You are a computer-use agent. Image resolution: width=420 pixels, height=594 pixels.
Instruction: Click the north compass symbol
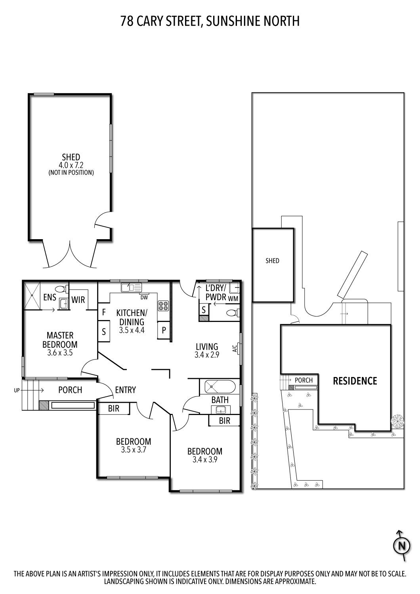coord(402,546)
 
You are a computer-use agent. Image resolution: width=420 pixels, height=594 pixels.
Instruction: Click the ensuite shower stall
coord(32,295)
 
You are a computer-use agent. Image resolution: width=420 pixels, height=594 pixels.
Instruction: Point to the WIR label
coord(78,300)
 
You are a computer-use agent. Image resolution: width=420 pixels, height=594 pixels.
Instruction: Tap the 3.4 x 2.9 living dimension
coord(207,355)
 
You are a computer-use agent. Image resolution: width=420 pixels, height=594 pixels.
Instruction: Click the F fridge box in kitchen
coord(104,312)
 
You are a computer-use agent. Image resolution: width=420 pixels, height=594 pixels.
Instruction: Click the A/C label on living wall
coord(234,348)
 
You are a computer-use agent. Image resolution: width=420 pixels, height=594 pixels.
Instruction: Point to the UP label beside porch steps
coord(16,390)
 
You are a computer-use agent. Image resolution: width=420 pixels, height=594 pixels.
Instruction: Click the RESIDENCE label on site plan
coord(355,381)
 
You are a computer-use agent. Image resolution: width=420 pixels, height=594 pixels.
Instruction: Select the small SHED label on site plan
coord(272,261)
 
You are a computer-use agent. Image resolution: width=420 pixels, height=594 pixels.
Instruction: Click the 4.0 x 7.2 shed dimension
coord(71,165)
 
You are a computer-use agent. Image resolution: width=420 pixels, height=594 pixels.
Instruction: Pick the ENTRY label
coord(125,390)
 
